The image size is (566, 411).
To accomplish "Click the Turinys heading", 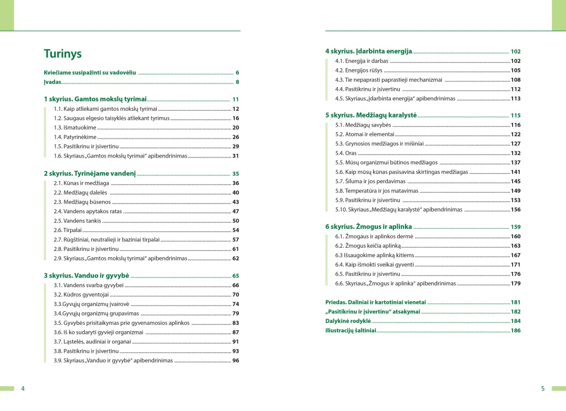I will [62, 54].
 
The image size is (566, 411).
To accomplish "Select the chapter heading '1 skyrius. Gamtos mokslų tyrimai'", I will [95, 99].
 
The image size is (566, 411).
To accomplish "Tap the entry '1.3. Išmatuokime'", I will [75, 128].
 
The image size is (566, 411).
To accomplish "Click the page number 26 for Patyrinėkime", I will [236, 137].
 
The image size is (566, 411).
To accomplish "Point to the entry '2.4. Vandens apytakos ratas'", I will [88, 212].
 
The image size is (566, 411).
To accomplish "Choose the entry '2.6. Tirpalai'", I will [68, 230].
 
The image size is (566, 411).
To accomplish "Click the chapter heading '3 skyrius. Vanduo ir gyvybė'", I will [86, 276].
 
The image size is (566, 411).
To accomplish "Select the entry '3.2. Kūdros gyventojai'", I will [81, 295].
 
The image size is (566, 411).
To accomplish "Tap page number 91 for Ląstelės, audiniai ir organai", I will [236, 342].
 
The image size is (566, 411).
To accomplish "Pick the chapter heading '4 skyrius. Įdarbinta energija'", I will [368, 51].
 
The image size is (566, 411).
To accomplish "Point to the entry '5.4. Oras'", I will [346, 153].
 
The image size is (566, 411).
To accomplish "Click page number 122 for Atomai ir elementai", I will [516, 134].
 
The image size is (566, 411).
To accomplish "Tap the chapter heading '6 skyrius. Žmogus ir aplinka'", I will [368, 227].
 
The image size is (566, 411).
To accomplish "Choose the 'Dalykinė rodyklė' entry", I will [348, 321].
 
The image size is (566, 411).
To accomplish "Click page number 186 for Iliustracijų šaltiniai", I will [516, 331].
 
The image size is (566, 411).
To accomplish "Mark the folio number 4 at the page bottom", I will [23, 389].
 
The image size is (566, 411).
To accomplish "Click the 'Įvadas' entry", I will [52, 82].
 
